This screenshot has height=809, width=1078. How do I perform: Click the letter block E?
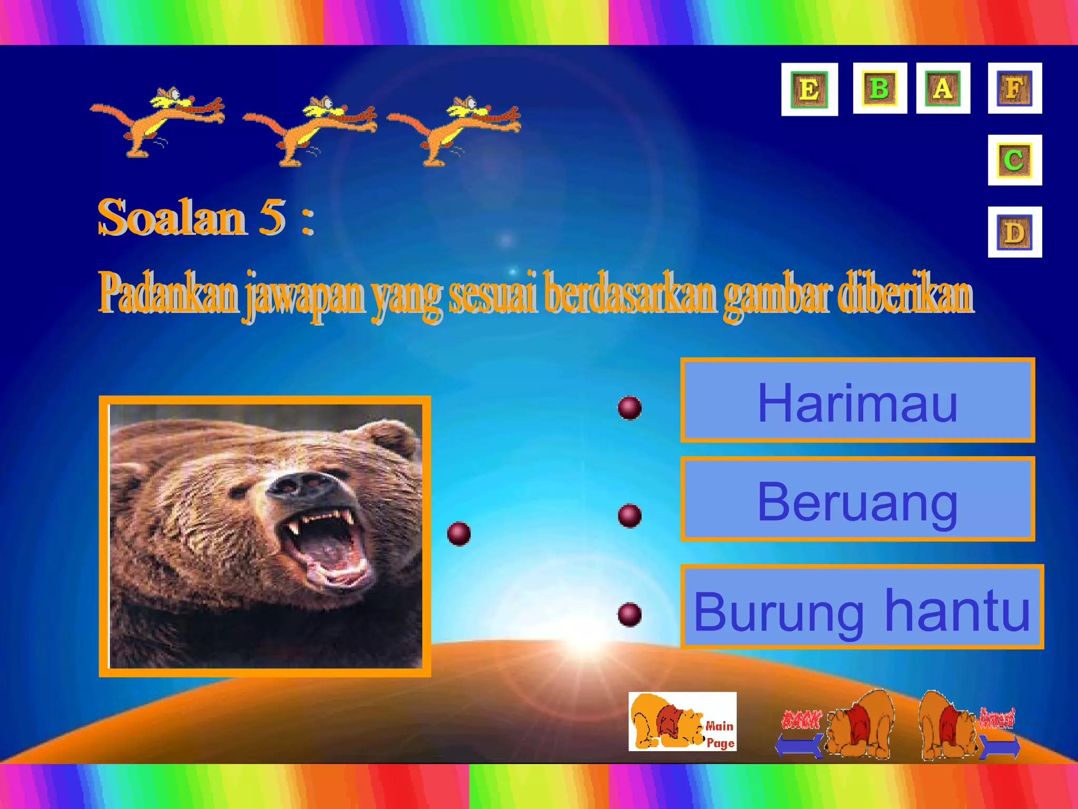(x=809, y=89)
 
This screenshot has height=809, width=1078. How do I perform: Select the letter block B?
(x=880, y=88)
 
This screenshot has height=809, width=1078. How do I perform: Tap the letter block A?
(x=943, y=88)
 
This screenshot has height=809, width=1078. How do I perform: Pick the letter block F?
(x=1014, y=88)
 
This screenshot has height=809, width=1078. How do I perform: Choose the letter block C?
(x=1014, y=160)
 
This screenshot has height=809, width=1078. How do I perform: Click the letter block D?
(x=1014, y=232)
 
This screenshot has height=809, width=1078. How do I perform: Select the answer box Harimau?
(x=857, y=401)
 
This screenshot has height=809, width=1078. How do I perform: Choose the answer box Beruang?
(x=857, y=499)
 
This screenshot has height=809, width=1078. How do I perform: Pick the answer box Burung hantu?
(x=862, y=607)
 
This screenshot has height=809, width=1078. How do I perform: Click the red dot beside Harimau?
(x=630, y=408)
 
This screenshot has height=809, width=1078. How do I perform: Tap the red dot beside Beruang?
(x=630, y=515)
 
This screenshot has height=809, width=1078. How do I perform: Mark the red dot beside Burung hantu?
(x=630, y=614)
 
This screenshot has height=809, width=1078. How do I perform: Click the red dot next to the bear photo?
(x=458, y=534)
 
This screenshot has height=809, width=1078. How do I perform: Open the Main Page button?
(x=682, y=722)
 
